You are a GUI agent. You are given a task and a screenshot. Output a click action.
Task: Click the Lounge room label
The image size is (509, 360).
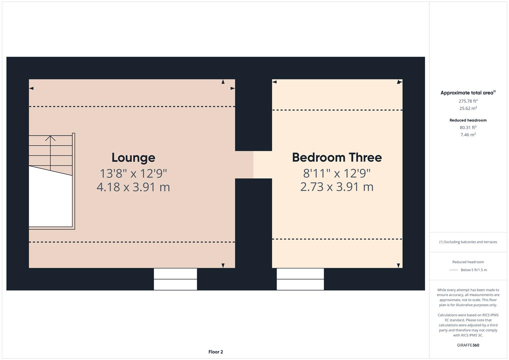pyautogui.click(x=133, y=158)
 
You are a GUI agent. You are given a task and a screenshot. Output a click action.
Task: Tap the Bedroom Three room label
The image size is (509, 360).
pyautogui.click(x=337, y=158)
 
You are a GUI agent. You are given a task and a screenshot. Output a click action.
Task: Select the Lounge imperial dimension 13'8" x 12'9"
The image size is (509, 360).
pyautogui.click(x=133, y=173)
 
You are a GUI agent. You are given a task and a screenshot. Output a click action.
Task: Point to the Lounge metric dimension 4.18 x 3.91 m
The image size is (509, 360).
pyautogui.click(x=133, y=187)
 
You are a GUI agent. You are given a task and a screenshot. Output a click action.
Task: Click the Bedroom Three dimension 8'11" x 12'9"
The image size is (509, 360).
pyautogui.click(x=337, y=173)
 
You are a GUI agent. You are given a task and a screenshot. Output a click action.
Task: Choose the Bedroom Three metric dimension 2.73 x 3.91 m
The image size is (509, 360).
pyautogui.click(x=337, y=187)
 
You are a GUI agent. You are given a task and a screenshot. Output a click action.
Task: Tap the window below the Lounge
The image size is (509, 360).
pyautogui.click(x=175, y=279)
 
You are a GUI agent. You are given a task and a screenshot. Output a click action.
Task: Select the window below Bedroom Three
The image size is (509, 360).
pyautogui.click(x=300, y=279)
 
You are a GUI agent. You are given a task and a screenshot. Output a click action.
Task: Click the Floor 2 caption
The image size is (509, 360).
pyautogui.click(x=216, y=352)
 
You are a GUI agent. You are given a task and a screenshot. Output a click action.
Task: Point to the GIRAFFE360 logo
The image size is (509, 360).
pyautogui.click(x=468, y=345)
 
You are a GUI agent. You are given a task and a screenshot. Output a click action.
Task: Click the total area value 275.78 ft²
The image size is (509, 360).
pyautogui.click(x=468, y=101)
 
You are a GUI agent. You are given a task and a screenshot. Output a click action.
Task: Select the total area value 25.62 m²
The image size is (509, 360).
pyautogui.click(x=468, y=108)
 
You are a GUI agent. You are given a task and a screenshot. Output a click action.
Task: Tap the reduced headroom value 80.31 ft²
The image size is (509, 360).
pyautogui.click(x=468, y=127)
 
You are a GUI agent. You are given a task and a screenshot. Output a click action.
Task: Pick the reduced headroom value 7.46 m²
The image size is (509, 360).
pyautogui.click(x=468, y=135)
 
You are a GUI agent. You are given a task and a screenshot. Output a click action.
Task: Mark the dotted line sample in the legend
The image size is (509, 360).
pyautogui.click(x=454, y=270)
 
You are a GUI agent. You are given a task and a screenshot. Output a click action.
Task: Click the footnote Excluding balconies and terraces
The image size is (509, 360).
pyautogui.click(x=468, y=242)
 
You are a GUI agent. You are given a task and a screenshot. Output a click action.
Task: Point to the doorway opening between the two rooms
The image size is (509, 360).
pyautogui.click(x=253, y=165)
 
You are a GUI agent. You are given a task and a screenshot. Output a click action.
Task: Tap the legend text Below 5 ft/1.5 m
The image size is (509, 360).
pyautogui.click(x=474, y=270)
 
